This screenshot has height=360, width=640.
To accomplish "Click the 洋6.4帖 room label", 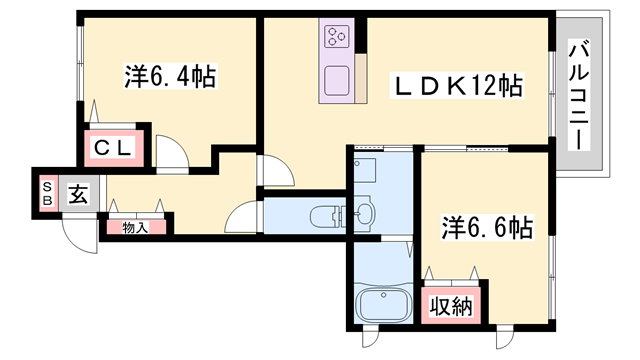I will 170,77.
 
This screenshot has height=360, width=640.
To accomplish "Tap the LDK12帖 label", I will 456,87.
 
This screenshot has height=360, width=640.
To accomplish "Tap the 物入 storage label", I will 134,227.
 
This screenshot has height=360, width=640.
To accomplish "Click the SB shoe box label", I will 46,192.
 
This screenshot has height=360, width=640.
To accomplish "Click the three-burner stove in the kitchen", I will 335,38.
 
